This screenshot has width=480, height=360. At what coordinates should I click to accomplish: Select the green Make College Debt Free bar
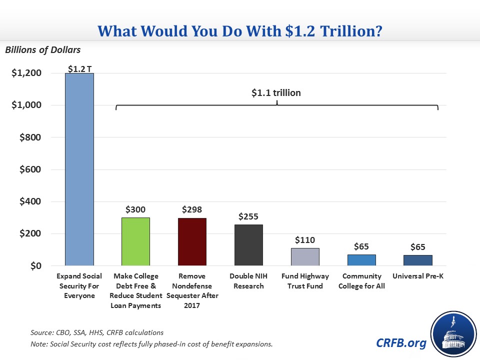[135, 241]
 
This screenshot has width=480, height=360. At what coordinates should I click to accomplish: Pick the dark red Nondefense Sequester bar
[192, 241]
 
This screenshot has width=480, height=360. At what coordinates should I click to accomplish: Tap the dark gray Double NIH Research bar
[248, 245]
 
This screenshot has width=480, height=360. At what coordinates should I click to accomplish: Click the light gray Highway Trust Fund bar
[305, 256]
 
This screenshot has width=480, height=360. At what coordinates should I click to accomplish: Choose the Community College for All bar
[361, 260]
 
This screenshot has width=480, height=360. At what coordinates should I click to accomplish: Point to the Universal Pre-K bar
[418, 260]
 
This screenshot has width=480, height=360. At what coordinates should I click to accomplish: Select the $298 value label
[192, 210]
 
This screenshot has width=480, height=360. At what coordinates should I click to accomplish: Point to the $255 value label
[248, 217]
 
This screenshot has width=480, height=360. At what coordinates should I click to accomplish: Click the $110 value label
[305, 240]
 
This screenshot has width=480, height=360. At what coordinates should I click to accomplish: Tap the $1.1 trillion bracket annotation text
[276, 92]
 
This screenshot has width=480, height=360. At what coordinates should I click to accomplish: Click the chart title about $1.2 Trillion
[240, 31]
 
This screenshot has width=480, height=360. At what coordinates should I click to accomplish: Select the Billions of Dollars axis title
[42, 50]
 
